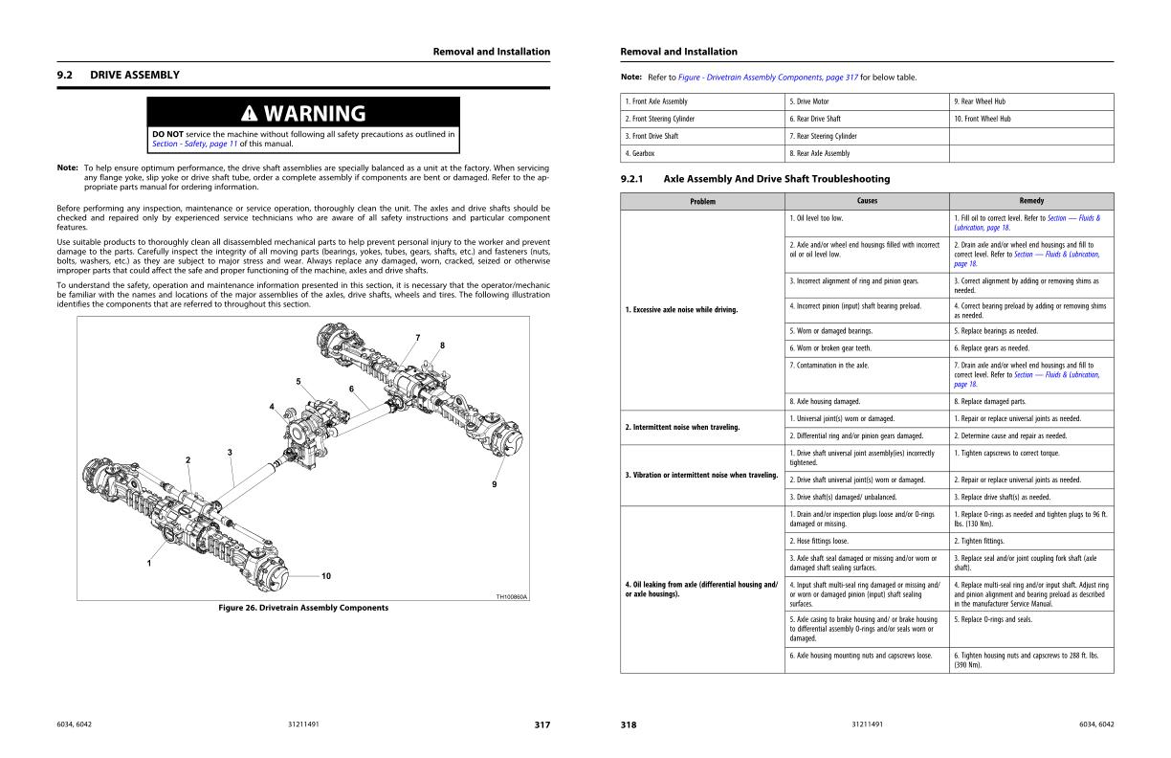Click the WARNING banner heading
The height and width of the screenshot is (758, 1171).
pos(303,114)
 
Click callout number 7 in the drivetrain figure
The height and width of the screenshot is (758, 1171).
pos(417,337)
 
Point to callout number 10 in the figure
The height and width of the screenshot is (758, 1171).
pos(326,576)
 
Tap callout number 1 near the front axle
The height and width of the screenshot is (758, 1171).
pos(148,563)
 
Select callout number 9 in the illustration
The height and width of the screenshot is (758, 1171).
pos(495,484)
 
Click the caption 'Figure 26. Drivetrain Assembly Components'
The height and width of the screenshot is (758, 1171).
pos(303,608)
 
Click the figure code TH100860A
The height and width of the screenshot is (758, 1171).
pos(512,597)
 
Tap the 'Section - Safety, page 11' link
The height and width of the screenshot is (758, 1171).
pos(194,144)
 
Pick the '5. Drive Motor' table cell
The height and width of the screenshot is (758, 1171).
pos(809,101)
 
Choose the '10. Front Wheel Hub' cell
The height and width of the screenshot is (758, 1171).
pos(983,119)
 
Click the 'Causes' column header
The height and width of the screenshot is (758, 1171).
pos(867,201)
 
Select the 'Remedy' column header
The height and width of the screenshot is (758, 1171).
pos(1031,201)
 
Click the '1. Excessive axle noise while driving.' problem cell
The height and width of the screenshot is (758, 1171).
pos(681,310)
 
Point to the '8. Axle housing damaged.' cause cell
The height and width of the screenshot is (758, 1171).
pos(825,401)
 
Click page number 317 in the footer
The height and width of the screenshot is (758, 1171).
pos(541,725)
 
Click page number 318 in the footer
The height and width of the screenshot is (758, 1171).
pos(629,725)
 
